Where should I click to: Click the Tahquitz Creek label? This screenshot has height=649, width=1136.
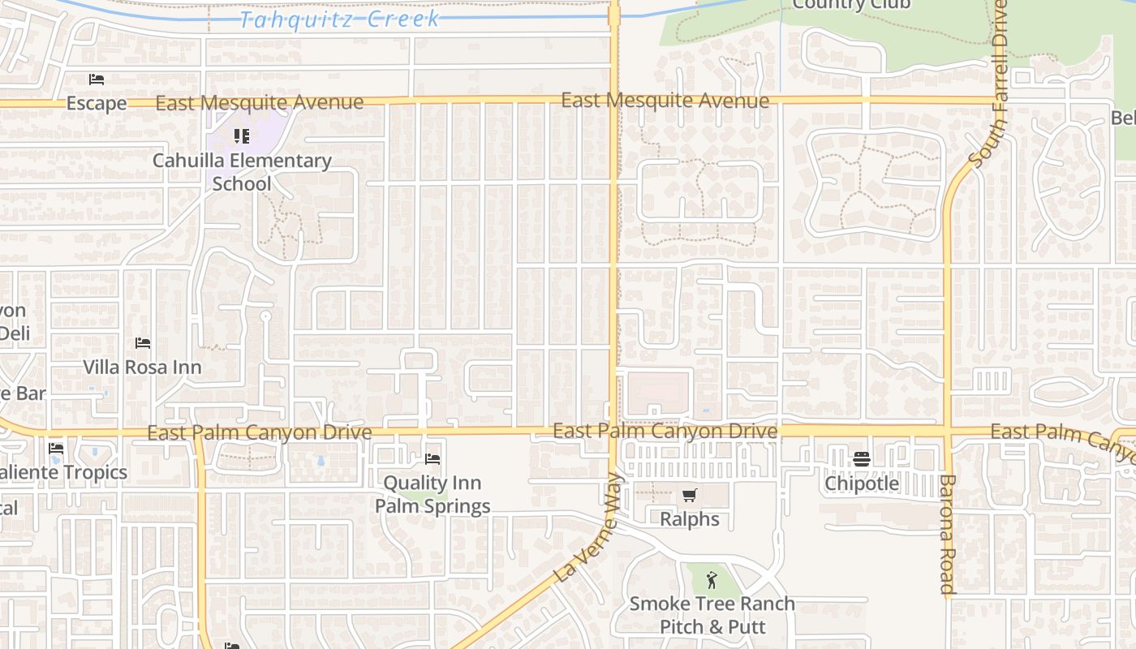coord(340,19)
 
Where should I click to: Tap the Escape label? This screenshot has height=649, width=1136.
coord(97,103)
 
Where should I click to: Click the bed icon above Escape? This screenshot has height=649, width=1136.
coord(97,80)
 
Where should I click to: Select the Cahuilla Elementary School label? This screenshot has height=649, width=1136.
coord(242,172)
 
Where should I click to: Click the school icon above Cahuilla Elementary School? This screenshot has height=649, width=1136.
coord(241,136)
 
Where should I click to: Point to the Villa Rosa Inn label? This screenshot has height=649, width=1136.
coord(142,367)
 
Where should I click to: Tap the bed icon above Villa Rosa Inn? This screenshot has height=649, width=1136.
coord(143,343)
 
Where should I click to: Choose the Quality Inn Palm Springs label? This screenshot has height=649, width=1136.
coord(432,494)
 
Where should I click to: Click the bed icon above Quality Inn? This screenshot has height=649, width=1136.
coord(432,459)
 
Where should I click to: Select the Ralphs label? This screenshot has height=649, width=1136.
coord(690,518)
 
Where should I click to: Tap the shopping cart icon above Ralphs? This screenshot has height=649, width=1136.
coord(690,495)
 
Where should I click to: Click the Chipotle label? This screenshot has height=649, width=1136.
coord(862,484)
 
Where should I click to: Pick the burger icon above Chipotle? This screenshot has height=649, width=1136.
coord(862,460)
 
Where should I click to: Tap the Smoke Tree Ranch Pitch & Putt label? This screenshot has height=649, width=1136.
coord(712,615)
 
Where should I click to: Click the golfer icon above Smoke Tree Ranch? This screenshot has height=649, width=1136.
coord(712,579)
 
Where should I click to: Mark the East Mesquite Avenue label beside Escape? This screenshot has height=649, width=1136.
coord(260,102)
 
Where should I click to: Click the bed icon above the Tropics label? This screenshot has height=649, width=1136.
coord(56,448)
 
